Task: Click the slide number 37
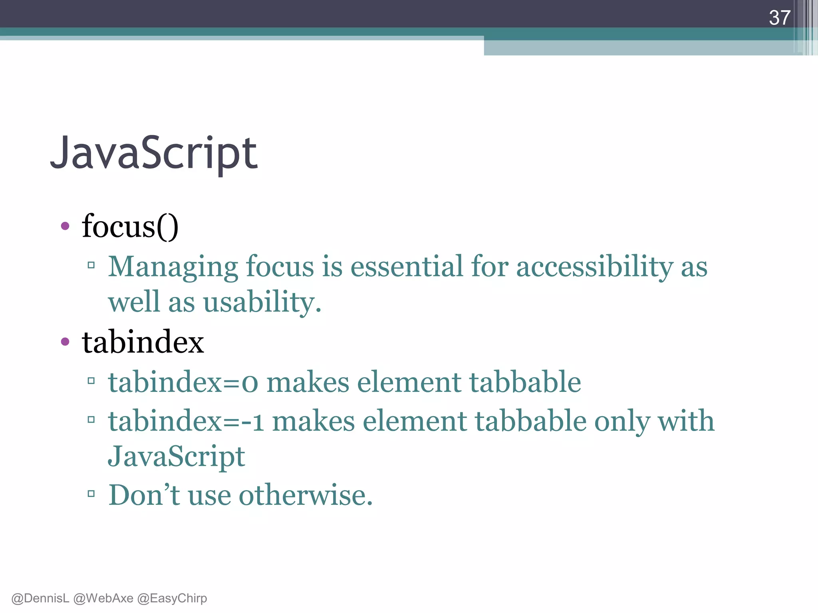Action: tap(779, 18)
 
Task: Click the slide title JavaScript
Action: tap(154, 153)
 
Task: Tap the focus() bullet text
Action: tap(130, 227)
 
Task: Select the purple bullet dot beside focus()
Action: tap(65, 226)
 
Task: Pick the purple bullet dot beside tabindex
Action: tap(65, 342)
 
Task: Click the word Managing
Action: tap(173, 267)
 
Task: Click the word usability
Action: tap(262, 302)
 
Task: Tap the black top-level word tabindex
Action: tap(143, 342)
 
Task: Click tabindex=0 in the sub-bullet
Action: tap(183, 382)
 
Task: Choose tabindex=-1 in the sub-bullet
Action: tap(186, 421)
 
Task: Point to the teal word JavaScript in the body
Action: tap(176, 457)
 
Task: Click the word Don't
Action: tap(144, 495)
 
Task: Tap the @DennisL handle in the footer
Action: tap(40, 598)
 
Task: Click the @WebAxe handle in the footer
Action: tap(103, 598)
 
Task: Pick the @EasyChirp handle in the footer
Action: tap(172, 598)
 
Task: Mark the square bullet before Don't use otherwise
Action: tap(91, 494)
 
